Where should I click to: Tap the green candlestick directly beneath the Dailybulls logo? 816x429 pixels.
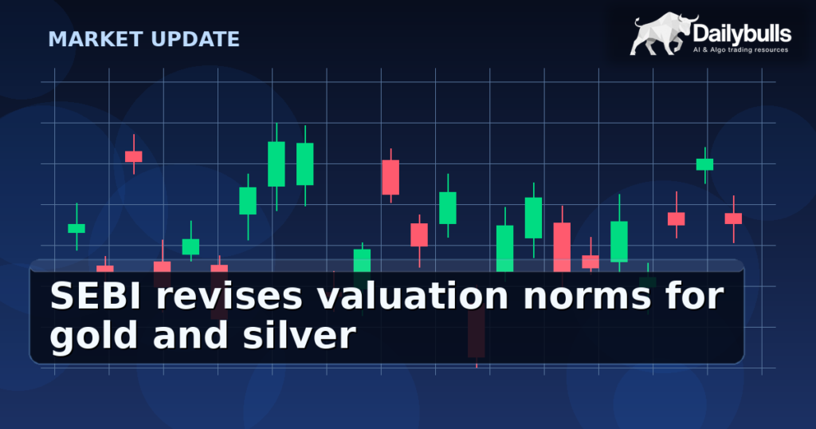(x=704, y=164)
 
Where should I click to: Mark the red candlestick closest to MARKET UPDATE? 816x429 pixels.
(x=133, y=156)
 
